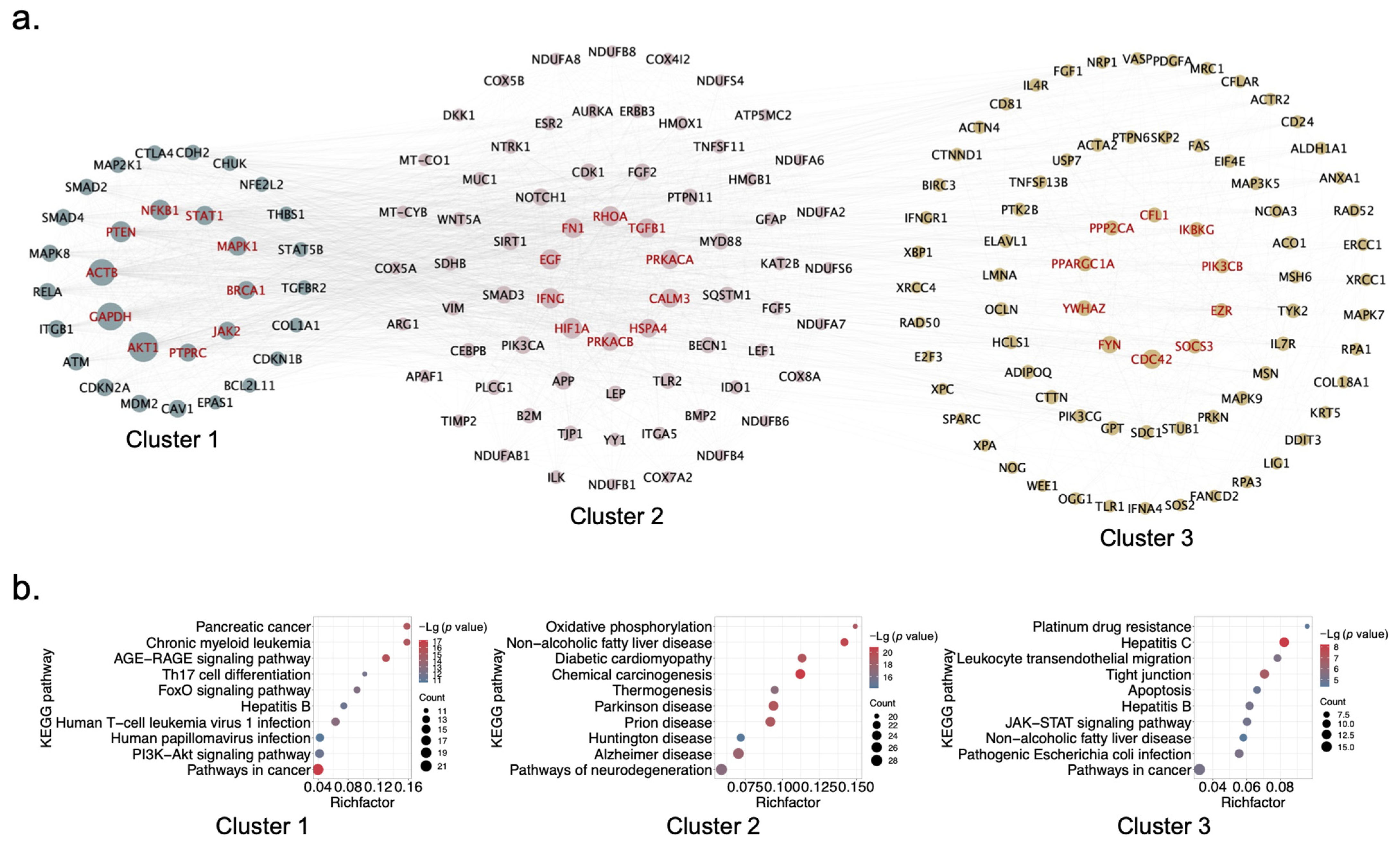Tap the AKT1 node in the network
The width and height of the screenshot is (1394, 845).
[x=143, y=347]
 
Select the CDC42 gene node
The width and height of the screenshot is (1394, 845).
[x=1151, y=359]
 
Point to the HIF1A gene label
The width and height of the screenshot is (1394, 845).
[x=571, y=328]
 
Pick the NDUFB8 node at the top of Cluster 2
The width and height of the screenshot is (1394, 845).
[x=612, y=52]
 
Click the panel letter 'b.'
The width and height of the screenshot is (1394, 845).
[x=25, y=588]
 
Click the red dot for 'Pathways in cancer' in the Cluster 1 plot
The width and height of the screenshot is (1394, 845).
[x=318, y=769]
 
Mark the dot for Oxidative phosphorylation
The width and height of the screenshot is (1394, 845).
[x=855, y=626]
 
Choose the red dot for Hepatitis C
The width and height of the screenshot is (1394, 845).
[x=1284, y=642]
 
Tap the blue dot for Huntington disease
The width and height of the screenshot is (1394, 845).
[x=741, y=737]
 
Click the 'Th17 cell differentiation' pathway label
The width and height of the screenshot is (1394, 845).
[x=236, y=675]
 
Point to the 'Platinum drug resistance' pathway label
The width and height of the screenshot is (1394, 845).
[x=1112, y=627]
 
